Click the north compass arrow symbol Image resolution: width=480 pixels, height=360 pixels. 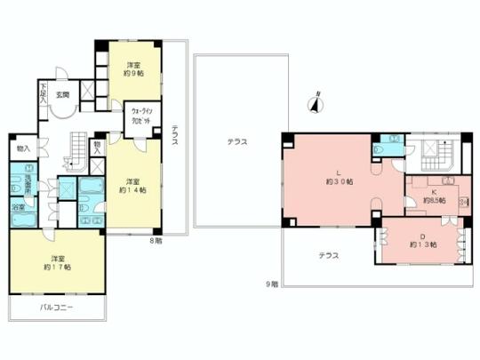pos(314,104)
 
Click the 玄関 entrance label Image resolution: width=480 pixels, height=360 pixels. pos(63,95)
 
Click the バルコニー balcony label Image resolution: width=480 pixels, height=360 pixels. pos(57,308)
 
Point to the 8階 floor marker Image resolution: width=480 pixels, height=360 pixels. pos(156,240)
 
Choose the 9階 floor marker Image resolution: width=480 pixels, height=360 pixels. pos(271,284)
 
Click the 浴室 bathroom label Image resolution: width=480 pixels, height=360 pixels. pos(18,207)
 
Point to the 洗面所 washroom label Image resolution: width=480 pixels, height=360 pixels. pos(30,183)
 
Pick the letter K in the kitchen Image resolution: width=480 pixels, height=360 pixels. pos(434,191)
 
